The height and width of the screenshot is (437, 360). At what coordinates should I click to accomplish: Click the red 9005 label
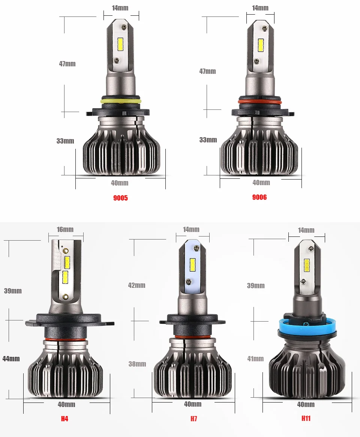(120, 198)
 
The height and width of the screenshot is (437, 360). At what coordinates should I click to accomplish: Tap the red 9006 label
(259, 197)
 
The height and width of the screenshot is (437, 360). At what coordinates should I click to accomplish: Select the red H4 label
(64, 419)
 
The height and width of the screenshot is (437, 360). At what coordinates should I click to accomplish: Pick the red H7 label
(194, 419)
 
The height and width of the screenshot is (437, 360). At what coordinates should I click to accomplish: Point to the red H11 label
(306, 418)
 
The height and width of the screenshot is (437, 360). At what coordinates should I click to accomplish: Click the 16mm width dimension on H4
(65, 229)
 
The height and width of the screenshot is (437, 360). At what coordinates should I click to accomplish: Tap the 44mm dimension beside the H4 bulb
(11, 359)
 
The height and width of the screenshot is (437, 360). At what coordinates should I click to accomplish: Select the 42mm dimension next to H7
(136, 285)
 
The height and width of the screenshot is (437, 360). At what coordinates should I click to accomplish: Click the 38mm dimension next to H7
(137, 364)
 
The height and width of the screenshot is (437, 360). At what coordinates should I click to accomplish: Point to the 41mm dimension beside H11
(255, 359)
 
